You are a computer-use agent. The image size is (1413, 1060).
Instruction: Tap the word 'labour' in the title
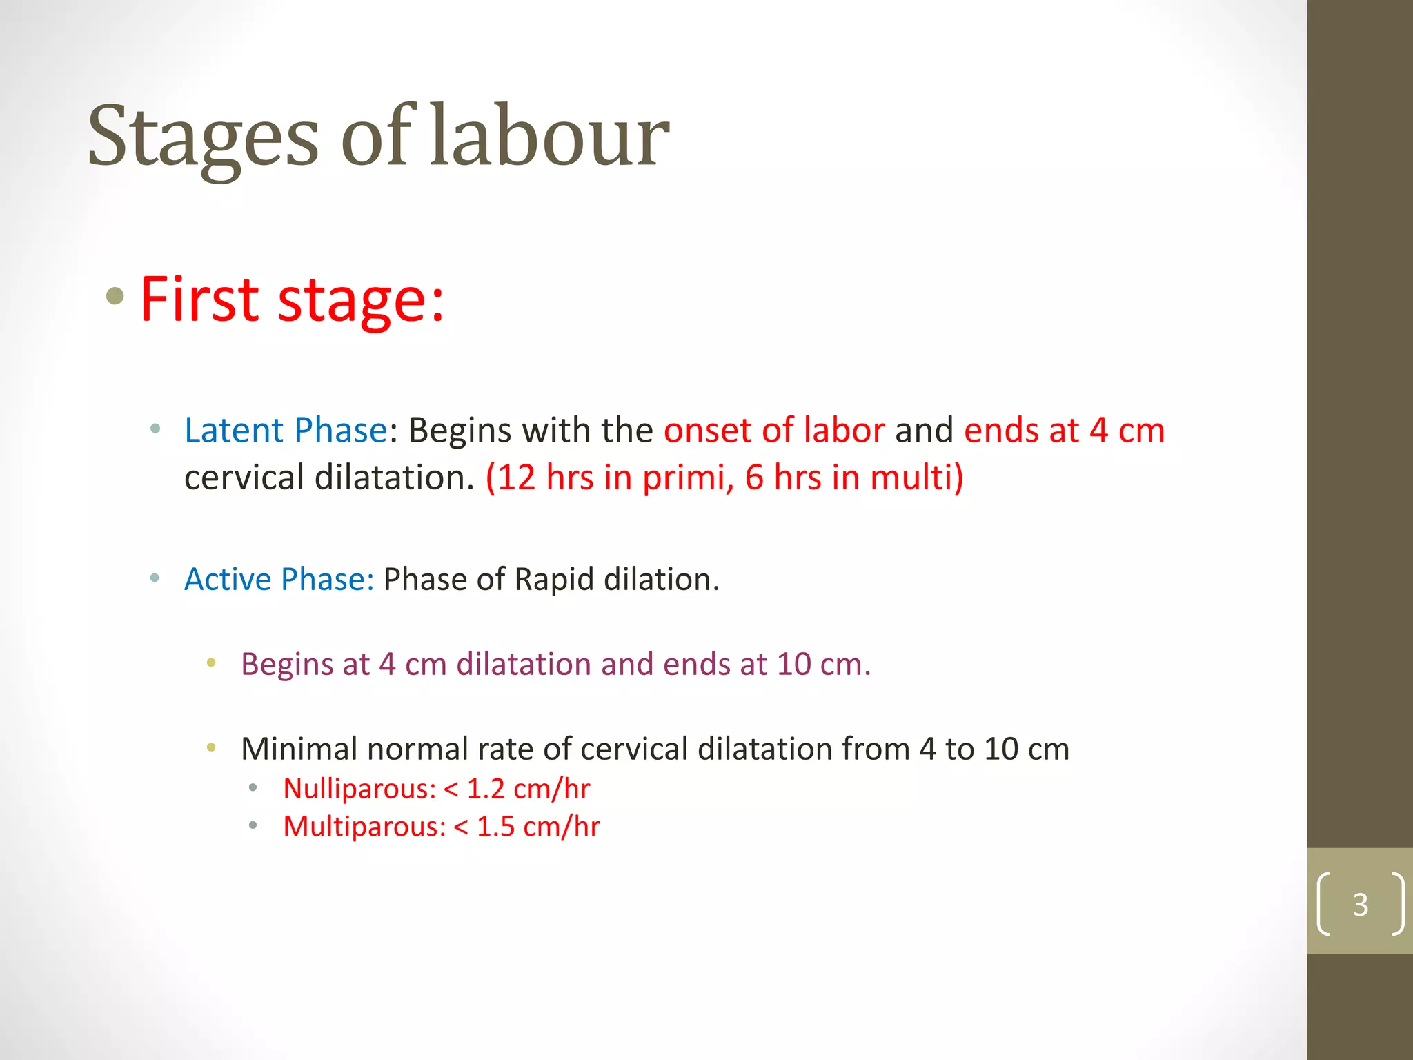[x=549, y=136]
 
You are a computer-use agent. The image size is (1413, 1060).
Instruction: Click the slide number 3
[x=1360, y=904]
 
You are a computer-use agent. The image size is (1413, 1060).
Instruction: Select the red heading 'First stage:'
[x=292, y=300]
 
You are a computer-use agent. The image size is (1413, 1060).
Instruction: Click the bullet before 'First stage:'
[x=115, y=297]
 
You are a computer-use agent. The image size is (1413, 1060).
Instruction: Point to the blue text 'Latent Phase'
[x=286, y=431]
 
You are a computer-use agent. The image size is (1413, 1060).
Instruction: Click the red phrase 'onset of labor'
[x=773, y=431]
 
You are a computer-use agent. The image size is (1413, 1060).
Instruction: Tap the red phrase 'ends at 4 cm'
[x=1064, y=431]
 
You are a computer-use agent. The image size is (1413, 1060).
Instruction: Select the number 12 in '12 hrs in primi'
[x=516, y=478]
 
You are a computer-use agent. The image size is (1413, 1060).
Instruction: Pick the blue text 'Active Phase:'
[x=279, y=579]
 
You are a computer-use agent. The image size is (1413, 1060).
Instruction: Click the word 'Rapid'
[x=554, y=579]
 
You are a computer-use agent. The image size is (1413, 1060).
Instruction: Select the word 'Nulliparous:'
[x=359, y=789]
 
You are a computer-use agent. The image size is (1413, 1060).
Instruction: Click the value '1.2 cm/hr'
[x=528, y=789]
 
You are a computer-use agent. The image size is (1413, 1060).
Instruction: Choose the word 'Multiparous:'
[x=364, y=827]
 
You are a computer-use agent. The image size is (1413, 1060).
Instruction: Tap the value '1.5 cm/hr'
[x=538, y=827]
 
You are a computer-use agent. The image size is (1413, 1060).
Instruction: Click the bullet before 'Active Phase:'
[x=155, y=578]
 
